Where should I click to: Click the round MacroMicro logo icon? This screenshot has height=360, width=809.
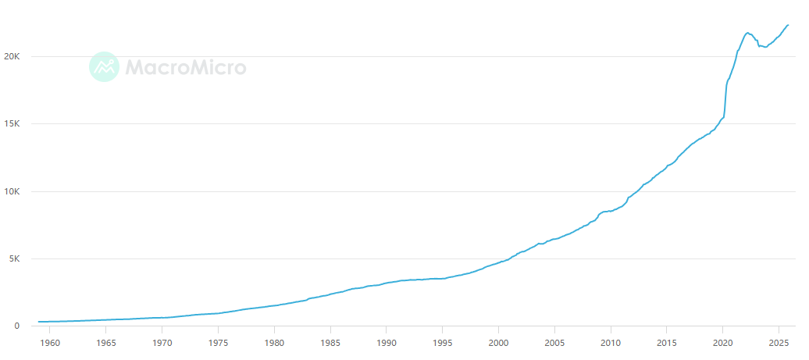(104, 67)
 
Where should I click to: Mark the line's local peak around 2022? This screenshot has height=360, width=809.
(747, 33)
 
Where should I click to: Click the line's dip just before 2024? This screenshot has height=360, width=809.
(765, 48)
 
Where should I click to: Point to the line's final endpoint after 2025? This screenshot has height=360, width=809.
(789, 25)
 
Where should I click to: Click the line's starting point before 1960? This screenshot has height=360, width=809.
(39, 322)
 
